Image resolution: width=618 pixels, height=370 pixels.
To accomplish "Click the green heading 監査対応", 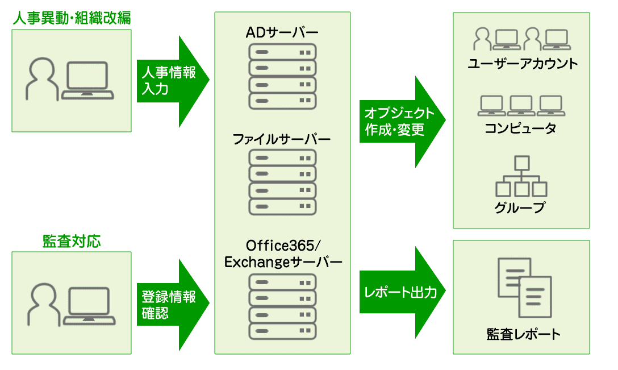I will pos(72,241).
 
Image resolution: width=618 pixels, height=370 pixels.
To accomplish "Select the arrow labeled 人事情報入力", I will pos(170,81).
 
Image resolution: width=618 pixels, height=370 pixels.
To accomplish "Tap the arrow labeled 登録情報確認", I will pos(170,305).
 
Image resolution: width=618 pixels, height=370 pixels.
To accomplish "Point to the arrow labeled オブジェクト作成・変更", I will pos(400,122).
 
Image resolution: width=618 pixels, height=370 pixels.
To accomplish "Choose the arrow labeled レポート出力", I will pos(400,293).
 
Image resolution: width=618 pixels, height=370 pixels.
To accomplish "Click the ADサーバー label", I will pos(282,32).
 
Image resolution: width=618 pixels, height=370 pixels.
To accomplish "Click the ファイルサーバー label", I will pos(282,139).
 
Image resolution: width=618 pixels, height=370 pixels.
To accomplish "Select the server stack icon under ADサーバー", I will pos(282,76).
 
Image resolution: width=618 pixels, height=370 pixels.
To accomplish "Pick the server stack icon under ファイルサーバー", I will pos(282,182).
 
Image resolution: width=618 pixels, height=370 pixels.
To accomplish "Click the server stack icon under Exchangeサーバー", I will pos(282,306).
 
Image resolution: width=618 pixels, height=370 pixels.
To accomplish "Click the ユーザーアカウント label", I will pos(522,64).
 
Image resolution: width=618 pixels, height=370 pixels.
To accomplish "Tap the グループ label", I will pos(520,207).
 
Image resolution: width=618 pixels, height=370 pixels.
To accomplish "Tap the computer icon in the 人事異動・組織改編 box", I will pos(87,80).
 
